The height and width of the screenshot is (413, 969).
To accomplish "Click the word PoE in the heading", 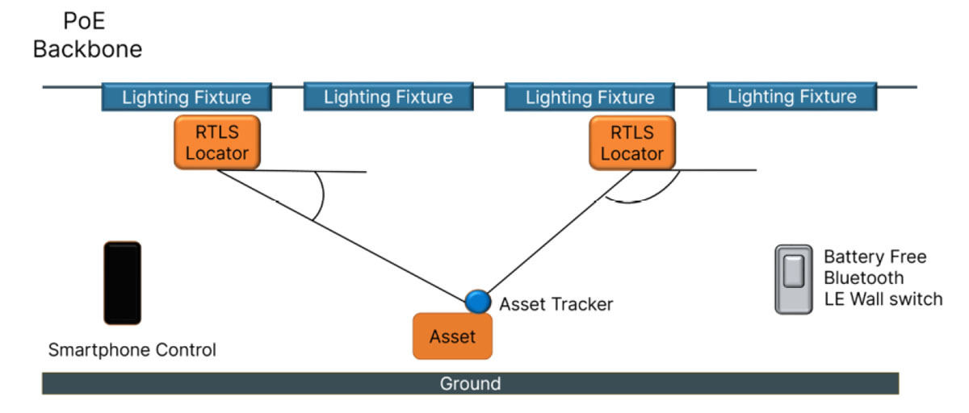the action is (84, 21).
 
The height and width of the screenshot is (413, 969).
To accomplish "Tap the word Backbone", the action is (88, 49).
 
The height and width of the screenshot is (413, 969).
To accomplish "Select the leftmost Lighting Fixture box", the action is (187, 97).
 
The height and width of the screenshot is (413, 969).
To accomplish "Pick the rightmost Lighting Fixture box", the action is (792, 96).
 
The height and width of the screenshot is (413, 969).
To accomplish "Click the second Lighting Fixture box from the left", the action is (388, 97).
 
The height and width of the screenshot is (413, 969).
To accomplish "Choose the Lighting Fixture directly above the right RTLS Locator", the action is (590, 97).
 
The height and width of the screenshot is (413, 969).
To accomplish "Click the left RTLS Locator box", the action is (217, 143).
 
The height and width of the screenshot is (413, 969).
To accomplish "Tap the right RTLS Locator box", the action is (632, 143).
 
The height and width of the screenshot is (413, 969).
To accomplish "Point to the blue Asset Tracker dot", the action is (478, 301).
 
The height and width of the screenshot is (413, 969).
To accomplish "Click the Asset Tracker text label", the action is (556, 305).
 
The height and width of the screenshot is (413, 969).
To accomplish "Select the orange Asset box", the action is (452, 336).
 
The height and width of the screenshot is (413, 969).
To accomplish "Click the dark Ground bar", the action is (471, 384).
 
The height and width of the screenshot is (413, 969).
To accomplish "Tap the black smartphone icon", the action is (123, 283).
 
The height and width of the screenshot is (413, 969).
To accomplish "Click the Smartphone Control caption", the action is (132, 350).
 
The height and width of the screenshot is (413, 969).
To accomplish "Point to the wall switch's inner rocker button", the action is (794, 271).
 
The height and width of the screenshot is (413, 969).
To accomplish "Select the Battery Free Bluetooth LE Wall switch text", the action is (883, 277).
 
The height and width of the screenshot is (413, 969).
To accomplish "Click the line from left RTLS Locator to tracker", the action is (342, 236).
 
